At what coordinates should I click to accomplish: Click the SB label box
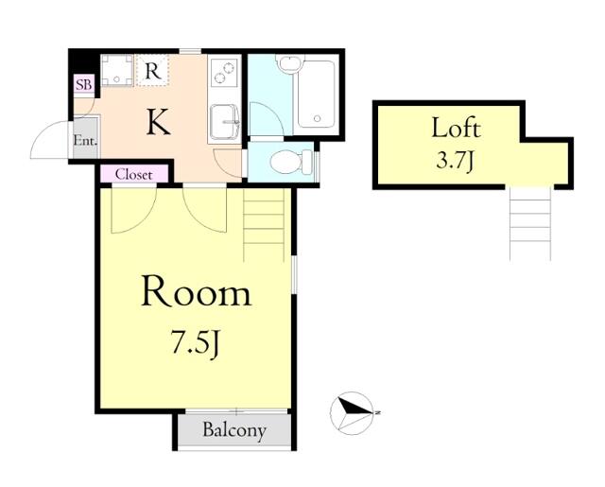tap(84, 85)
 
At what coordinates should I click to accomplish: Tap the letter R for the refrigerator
tap(153, 71)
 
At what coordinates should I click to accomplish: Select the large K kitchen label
tap(159, 122)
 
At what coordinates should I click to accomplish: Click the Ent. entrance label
tap(85, 141)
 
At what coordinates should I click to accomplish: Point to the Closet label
tap(134, 174)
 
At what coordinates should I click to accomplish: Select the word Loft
tap(456, 128)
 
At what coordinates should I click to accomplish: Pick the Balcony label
tap(234, 430)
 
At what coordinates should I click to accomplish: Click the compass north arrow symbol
tap(354, 412)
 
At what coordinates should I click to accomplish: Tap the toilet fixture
tap(291, 162)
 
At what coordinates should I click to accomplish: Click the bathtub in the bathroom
tap(316, 94)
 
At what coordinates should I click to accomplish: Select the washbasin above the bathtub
tap(290, 64)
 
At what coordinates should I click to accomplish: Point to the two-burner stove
tap(225, 73)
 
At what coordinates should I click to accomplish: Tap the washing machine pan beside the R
tap(116, 69)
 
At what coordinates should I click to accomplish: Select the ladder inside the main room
tap(264, 225)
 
